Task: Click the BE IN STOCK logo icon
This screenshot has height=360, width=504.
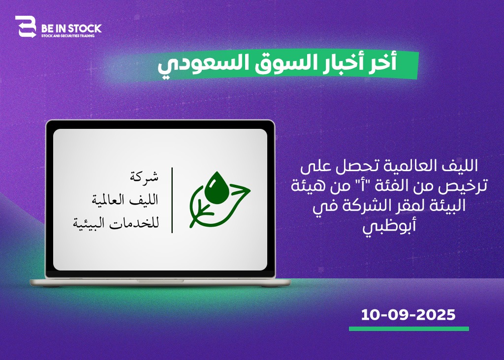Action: point(26,27)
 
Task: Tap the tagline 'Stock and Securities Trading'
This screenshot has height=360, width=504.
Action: point(68,35)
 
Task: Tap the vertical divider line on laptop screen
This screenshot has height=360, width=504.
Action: point(172,200)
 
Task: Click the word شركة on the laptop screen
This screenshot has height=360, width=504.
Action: point(144,177)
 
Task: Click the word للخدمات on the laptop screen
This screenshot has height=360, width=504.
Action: point(134,223)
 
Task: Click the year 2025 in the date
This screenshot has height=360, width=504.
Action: point(436,315)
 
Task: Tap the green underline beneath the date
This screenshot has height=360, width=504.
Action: point(409,329)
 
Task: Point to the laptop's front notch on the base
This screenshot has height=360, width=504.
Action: point(160,281)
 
